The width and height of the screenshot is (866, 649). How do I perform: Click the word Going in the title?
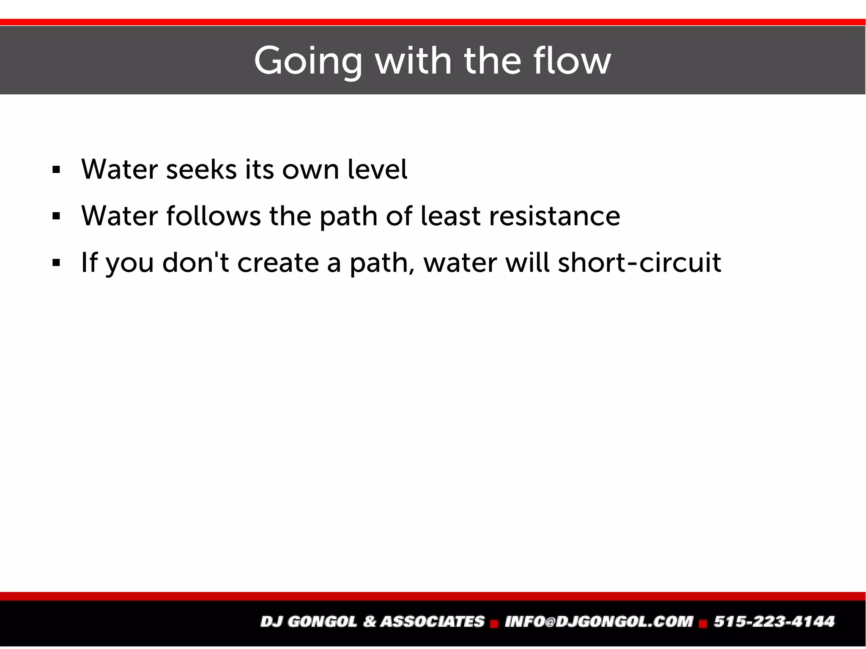(x=308, y=61)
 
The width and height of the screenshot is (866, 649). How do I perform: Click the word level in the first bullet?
(x=377, y=170)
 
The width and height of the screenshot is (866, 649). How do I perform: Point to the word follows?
(x=214, y=216)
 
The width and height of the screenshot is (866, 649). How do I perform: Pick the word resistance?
(x=554, y=216)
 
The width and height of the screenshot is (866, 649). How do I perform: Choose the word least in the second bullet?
(x=451, y=216)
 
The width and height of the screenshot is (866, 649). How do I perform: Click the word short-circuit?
(x=639, y=263)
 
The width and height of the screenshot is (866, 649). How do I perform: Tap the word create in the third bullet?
(x=278, y=263)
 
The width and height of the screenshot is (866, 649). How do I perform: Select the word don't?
(x=195, y=263)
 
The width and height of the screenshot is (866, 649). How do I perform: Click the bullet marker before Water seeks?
(x=56, y=170)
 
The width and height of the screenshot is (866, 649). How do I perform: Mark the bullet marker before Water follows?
(x=56, y=217)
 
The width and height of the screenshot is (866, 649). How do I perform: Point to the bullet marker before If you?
(x=56, y=263)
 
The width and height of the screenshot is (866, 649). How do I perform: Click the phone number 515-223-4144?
(x=774, y=622)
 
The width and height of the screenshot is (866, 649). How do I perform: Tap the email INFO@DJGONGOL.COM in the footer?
(x=599, y=622)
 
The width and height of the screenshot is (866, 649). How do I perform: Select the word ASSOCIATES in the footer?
(x=432, y=622)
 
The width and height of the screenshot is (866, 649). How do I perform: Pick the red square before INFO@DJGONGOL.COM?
(x=494, y=623)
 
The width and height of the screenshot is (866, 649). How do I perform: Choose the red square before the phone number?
(x=703, y=623)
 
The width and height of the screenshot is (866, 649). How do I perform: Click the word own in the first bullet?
(x=310, y=170)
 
